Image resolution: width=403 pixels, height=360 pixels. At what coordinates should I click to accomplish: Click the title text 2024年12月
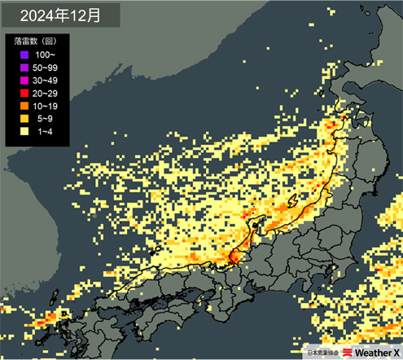pos(60,15)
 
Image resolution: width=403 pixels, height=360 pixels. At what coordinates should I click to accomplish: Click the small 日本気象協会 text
pos(323,352)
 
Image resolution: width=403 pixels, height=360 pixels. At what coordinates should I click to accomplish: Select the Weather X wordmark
pos(376,352)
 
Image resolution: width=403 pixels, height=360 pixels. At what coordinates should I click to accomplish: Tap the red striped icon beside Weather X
pos(348,352)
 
